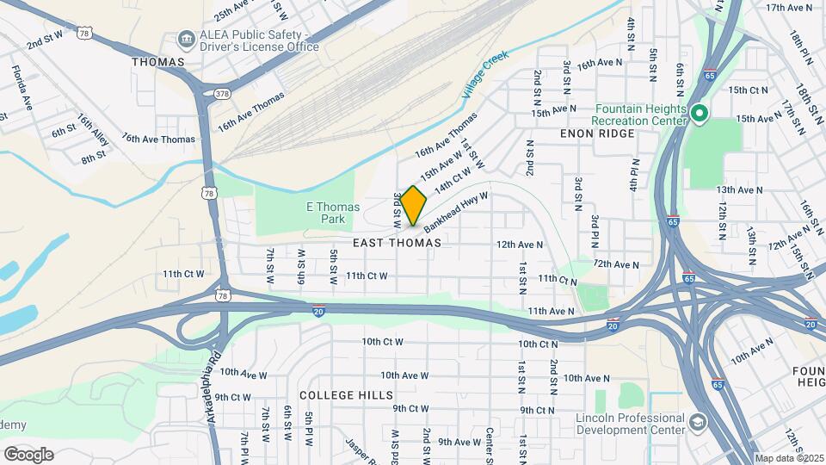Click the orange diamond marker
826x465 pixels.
413,206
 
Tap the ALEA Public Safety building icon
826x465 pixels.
185,39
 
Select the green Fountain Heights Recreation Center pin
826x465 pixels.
700,113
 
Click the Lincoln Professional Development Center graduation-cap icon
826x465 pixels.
696,422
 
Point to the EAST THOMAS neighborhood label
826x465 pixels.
397,244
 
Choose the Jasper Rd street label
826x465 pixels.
358,452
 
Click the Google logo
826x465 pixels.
28,454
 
